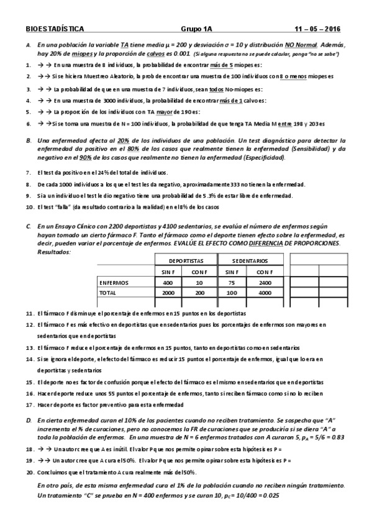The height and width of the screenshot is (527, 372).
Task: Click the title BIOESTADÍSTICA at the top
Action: click(x=55, y=29)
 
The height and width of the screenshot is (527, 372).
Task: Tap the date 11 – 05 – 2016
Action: click(x=317, y=29)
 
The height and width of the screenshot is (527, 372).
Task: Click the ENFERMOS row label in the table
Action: click(x=114, y=282)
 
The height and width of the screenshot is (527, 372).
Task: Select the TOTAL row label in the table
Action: click(x=108, y=292)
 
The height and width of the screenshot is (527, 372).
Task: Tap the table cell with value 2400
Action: click(x=265, y=282)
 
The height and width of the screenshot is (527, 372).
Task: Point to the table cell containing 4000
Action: click(x=265, y=292)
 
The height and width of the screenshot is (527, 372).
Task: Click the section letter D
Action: click(x=29, y=421)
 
